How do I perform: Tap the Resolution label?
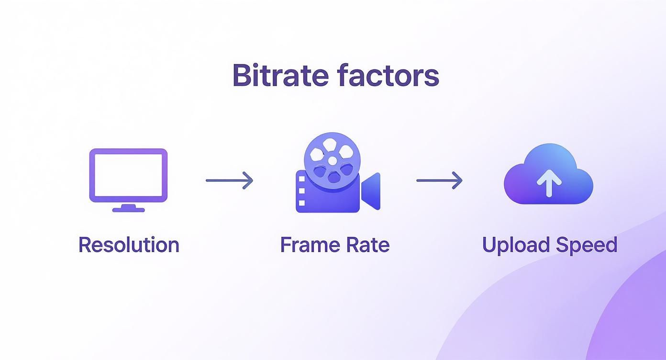[129, 245]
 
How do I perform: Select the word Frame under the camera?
[305, 245]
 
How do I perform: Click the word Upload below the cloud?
[514, 245]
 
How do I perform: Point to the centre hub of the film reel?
[332, 160]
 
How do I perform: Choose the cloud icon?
[548, 175]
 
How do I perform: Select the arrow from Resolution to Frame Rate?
[229, 180]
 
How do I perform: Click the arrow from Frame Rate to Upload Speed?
[439, 180]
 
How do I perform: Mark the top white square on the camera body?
[301, 179]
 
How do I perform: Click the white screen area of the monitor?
[128, 175]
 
